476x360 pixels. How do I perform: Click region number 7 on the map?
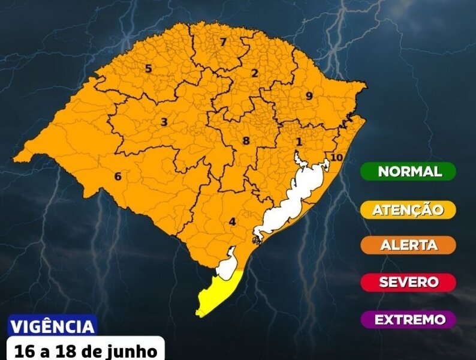[222, 42]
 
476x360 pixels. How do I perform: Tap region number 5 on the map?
[148, 69]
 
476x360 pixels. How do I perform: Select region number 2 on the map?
[254, 74]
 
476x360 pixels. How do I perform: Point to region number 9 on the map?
[309, 95]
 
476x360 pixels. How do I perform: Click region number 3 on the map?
[164, 122]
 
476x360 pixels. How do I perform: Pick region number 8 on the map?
[245, 142]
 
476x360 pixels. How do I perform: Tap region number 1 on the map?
[299, 142]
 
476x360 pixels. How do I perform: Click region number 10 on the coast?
[336, 157]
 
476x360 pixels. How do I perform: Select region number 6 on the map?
[118, 176]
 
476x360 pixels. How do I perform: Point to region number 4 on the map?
[232, 221]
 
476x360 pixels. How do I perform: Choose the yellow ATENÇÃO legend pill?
[408, 209]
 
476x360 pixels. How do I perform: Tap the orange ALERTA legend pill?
[408, 245]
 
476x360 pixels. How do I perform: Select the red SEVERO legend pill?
[408, 282]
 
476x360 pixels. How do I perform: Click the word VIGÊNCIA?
[52, 327]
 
